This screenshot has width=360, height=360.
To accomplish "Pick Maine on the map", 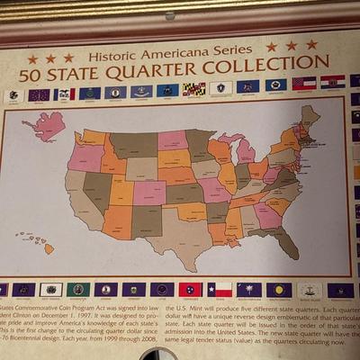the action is click(x=310, y=118).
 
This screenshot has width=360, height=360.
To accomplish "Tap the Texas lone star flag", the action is click(x=220, y=290).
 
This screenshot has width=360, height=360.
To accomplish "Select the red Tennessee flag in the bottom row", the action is click(x=190, y=290).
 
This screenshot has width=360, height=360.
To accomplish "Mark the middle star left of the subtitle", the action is click(x=51, y=58).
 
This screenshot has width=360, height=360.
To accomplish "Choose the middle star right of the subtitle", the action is click(x=291, y=45).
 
